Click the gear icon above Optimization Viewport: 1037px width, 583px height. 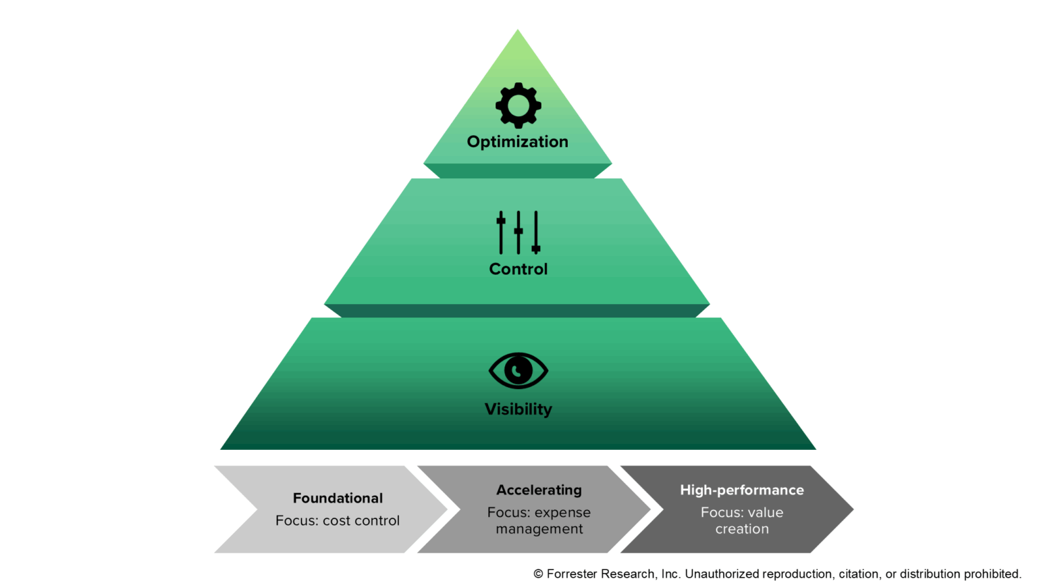coord(518,105)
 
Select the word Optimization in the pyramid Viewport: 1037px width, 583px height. coord(517,142)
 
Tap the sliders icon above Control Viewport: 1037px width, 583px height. coord(518,232)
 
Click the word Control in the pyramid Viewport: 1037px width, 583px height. coord(518,269)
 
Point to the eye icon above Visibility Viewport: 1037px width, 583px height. coord(518,370)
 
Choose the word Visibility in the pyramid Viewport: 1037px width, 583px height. coord(518,409)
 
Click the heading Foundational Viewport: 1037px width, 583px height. coord(338,498)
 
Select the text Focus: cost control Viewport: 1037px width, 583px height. coord(338,521)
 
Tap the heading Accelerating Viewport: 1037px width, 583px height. coord(539,490)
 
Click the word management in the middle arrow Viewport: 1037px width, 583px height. coord(539,529)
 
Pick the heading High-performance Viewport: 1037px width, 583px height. coord(741,490)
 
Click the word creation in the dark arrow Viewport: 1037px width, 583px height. coord(741,529)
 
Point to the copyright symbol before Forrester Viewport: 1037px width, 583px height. coord(538,574)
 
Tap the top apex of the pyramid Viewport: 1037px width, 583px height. coord(518,31)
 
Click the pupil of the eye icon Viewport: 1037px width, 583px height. coord(518,370)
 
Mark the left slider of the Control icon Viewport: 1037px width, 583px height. coord(501,232)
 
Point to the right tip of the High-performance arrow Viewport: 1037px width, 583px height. coord(852,509)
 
